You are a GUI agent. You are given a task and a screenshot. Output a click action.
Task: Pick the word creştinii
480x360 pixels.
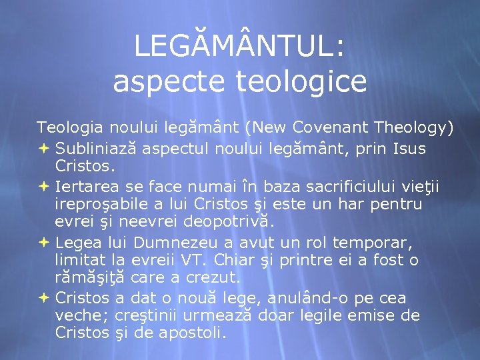(155, 315)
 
